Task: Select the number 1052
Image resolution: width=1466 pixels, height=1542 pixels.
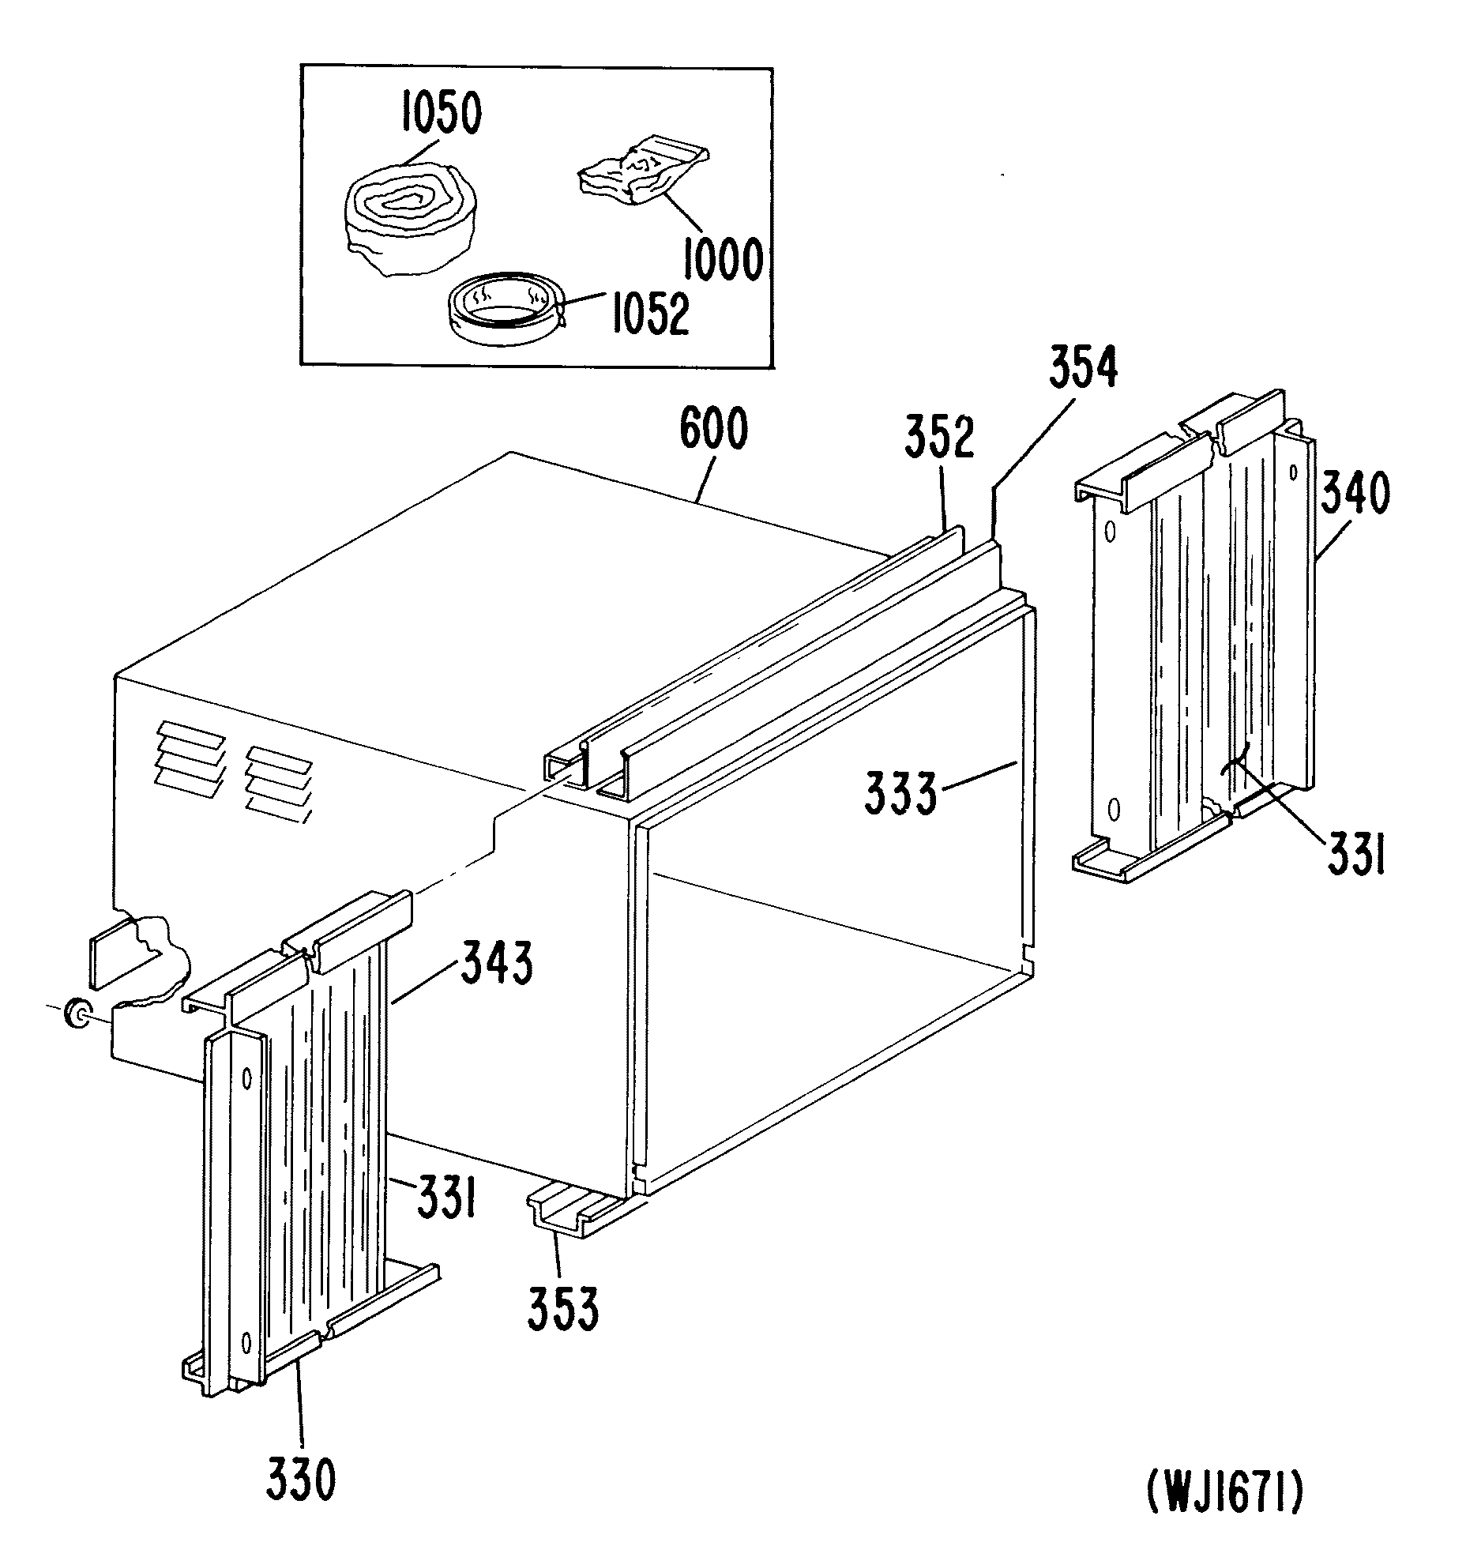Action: point(649,314)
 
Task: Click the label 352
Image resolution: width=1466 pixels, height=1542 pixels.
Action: point(939,436)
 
